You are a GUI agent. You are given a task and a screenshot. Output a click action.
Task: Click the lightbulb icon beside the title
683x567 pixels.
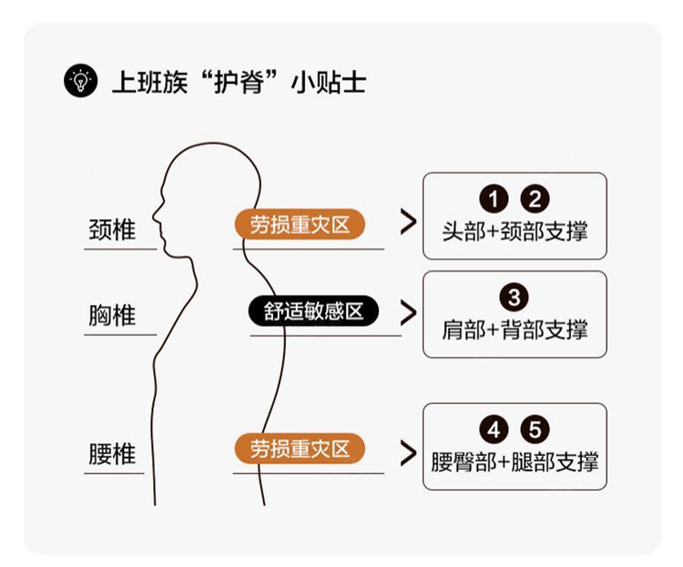coord(80,82)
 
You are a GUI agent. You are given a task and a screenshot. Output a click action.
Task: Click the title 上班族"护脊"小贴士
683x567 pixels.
coord(239,83)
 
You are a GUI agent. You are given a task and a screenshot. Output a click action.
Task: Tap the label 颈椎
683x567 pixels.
coord(113,229)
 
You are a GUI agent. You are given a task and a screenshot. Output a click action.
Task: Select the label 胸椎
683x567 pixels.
coord(113,316)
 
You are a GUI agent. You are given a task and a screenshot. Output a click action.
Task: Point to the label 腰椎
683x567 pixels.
coord(113,453)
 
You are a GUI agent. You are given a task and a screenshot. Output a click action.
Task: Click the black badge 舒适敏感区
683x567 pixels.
coord(313,311)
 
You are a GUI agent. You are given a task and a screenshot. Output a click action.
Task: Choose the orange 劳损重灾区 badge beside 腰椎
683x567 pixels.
coord(300,448)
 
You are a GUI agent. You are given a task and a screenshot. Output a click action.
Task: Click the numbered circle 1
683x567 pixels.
coord(494,198)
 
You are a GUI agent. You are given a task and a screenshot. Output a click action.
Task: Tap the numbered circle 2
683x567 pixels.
coord(535,198)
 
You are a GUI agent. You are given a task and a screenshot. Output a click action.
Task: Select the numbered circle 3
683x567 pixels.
coord(515,298)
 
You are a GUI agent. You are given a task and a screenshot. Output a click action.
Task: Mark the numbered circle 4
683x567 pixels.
coord(494,430)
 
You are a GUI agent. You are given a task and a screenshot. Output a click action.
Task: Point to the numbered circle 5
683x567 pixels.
coord(535,430)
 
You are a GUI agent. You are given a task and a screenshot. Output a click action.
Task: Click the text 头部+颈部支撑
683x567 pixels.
coord(515,231)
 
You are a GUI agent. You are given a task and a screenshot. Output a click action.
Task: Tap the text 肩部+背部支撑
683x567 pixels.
coord(515,329)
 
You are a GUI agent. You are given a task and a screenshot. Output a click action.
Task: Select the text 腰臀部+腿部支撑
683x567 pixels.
coord(515,461)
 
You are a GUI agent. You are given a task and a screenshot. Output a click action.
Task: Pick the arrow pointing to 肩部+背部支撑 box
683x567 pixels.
coord(409,312)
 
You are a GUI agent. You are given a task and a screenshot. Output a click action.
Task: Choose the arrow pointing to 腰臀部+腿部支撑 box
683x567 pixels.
coord(409,449)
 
